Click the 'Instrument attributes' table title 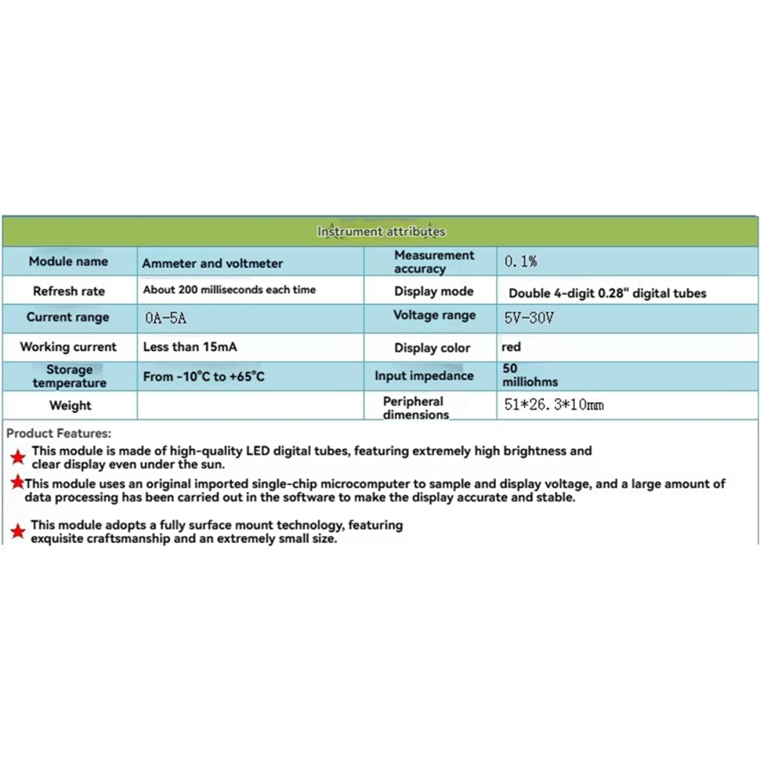coord(381,231)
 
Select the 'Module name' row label coord(68,262)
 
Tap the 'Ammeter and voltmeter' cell coord(213,263)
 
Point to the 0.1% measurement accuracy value coord(520,262)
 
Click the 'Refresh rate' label coord(68,292)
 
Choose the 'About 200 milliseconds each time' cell coord(229,290)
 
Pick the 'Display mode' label coord(434,292)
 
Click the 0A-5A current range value coord(164,318)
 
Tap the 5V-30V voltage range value coord(529,317)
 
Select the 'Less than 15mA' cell coord(190,347)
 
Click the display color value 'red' coord(511,347)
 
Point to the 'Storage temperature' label coord(69,376)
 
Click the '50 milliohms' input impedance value coord(530,375)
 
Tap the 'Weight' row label coord(69,405)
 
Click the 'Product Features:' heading coord(58,434)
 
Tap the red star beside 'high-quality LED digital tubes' coord(18,458)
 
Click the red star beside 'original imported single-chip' coord(16,484)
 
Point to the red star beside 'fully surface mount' coord(18,530)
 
